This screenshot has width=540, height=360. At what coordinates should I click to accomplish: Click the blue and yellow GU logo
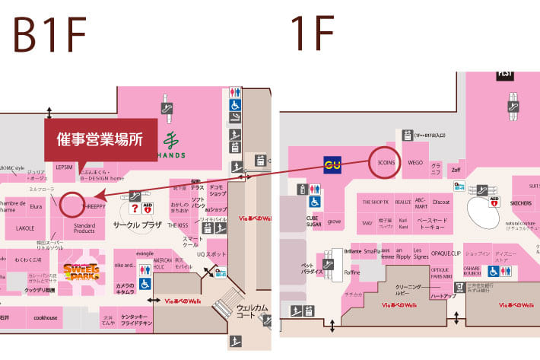pyautogui.click(x=332, y=164)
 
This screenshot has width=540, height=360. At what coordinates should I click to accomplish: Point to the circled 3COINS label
pyautogui.click(x=387, y=162)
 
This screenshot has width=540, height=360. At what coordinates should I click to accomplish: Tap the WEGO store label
pyautogui.click(x=415, y=163)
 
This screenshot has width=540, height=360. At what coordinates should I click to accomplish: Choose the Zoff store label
pyautogui.click(x=456, y=170)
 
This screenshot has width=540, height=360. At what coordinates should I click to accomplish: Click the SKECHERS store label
pyautogui.click(x=520, y=204)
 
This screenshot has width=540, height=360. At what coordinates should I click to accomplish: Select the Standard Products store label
pyautogui.click(x=84, y=228)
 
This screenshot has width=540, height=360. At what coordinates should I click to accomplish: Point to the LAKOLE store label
pyautogui.click(x=25, y=228)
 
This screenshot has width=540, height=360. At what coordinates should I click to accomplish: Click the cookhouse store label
pyautogui.click(x=46, y=317)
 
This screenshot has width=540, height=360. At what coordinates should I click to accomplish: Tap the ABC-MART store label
pyautogui.click(x=421, y=203)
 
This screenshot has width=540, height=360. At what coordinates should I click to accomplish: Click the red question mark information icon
pyautogui.click(x=135, y=208)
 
